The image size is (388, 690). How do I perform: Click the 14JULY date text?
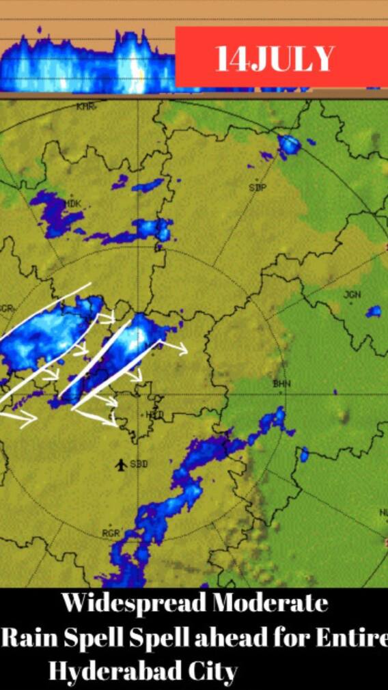(x=275, y=59)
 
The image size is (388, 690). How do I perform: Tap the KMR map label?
(x=85, y=107)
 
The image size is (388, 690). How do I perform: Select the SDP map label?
(x=258, y=187)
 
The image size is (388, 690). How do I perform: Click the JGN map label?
(x=352, y=294)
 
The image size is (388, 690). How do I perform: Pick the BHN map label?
(x=281, y=384)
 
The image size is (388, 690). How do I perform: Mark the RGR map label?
(x=111, y=533)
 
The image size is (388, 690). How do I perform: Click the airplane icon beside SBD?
(x=121, y=465)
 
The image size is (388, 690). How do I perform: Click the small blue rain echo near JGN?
(x=373, y=312)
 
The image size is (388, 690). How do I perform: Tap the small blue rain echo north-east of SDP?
(x=290, y=144)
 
